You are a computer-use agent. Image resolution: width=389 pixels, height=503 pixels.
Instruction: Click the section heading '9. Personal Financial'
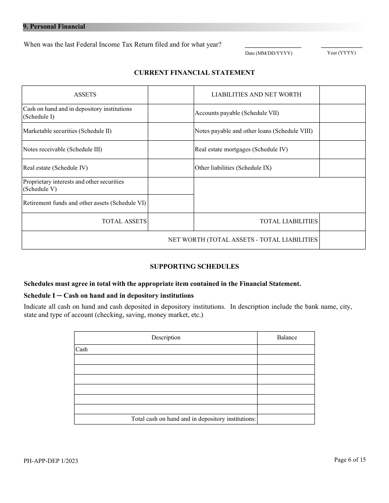tap(54, 27)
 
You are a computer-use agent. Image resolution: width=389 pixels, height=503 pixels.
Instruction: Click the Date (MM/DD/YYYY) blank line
tap(273, 45)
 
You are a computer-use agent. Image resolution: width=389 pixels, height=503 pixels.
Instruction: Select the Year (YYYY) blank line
tap(341, 45)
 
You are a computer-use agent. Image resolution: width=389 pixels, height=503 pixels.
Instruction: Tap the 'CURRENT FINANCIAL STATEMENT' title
tap(194, 73)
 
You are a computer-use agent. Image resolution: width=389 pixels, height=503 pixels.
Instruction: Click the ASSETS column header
tap(85, 94)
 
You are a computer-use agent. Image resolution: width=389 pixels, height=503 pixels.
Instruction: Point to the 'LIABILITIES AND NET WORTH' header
tap(256, 94)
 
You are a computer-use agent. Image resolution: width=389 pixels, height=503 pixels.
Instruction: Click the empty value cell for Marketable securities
tap(170, 131)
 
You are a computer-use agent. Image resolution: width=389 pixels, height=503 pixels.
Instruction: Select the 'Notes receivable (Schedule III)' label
tap(62, 149)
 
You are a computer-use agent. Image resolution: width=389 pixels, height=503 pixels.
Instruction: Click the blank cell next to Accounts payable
tap(342, 113)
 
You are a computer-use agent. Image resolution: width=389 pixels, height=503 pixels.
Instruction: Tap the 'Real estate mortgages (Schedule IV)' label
tap(241, 149)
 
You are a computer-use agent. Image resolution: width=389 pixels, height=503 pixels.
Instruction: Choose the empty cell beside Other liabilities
tap(342, 168)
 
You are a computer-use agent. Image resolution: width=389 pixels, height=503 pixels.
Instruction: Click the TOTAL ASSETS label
tap(124, 221)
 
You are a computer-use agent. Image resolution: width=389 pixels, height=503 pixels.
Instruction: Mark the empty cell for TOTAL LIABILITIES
tap(342, 222)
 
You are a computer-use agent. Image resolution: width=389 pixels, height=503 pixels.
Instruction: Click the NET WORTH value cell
tap(342, 240)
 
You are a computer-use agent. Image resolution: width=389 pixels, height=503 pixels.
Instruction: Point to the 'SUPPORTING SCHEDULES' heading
tap(194, 267)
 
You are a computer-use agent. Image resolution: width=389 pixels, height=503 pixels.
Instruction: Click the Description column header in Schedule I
tap(165, 338)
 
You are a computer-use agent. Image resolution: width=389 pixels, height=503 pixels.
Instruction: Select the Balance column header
tap(287, 338)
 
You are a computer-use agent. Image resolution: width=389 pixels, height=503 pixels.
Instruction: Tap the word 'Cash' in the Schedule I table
tap(81, 350)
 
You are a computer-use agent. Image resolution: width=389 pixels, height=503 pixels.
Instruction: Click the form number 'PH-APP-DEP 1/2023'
tap(51, 461)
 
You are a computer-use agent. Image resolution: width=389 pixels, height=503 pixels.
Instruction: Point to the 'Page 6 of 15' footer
tap(350, 460)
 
